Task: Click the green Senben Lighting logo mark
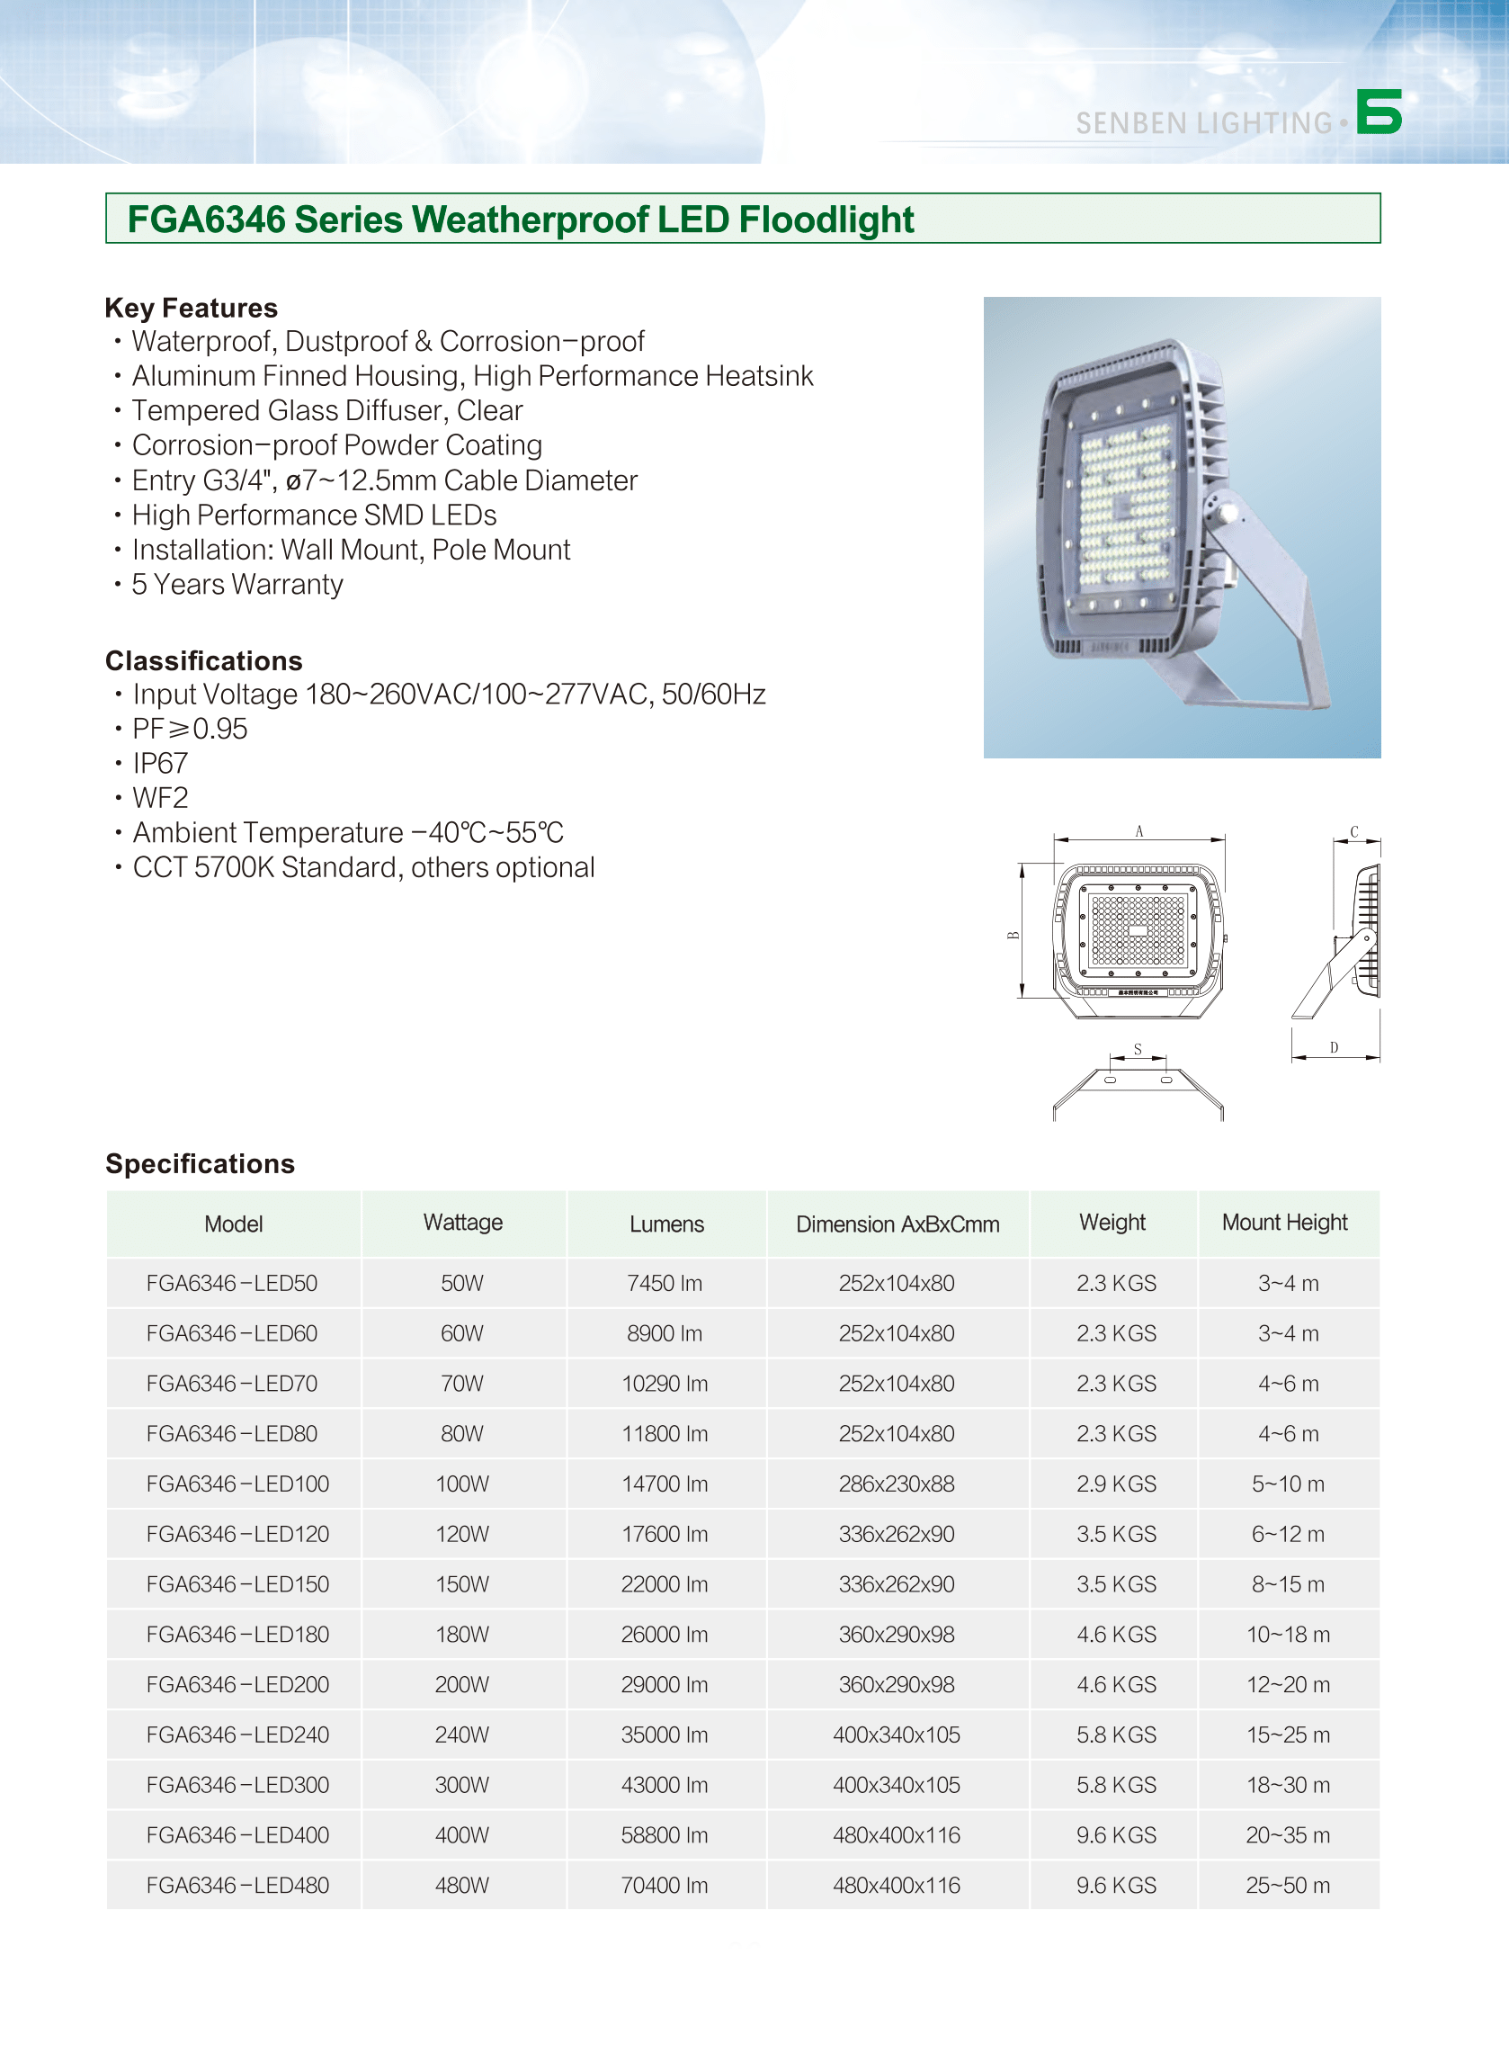tap(1379, 112)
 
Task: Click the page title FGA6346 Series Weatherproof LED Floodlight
tap(520, 220)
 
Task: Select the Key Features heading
tap(191, 308)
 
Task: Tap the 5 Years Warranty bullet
tap(237, 585)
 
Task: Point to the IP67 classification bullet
tap(160, 763)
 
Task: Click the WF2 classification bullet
tap(160, 798)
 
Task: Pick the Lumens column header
tap(665, 1224)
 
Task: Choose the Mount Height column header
tap(1284, 1223)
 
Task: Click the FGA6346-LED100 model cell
tap(237, 1484)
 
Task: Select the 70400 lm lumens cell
tap(664, 1885)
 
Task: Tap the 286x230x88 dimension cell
tap(896, 1484)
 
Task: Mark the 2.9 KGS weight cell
tap(1115, 1484)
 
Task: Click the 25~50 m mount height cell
tap(1287, 1885)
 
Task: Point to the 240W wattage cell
tap(461, 1734)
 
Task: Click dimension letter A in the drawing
tap(1139, 831)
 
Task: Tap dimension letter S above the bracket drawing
tap(1138, 1049)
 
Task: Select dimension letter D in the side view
tap(1334, 1047)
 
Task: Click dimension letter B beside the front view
tap(1013, 935)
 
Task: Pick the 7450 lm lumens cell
tap(664, 1283)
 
